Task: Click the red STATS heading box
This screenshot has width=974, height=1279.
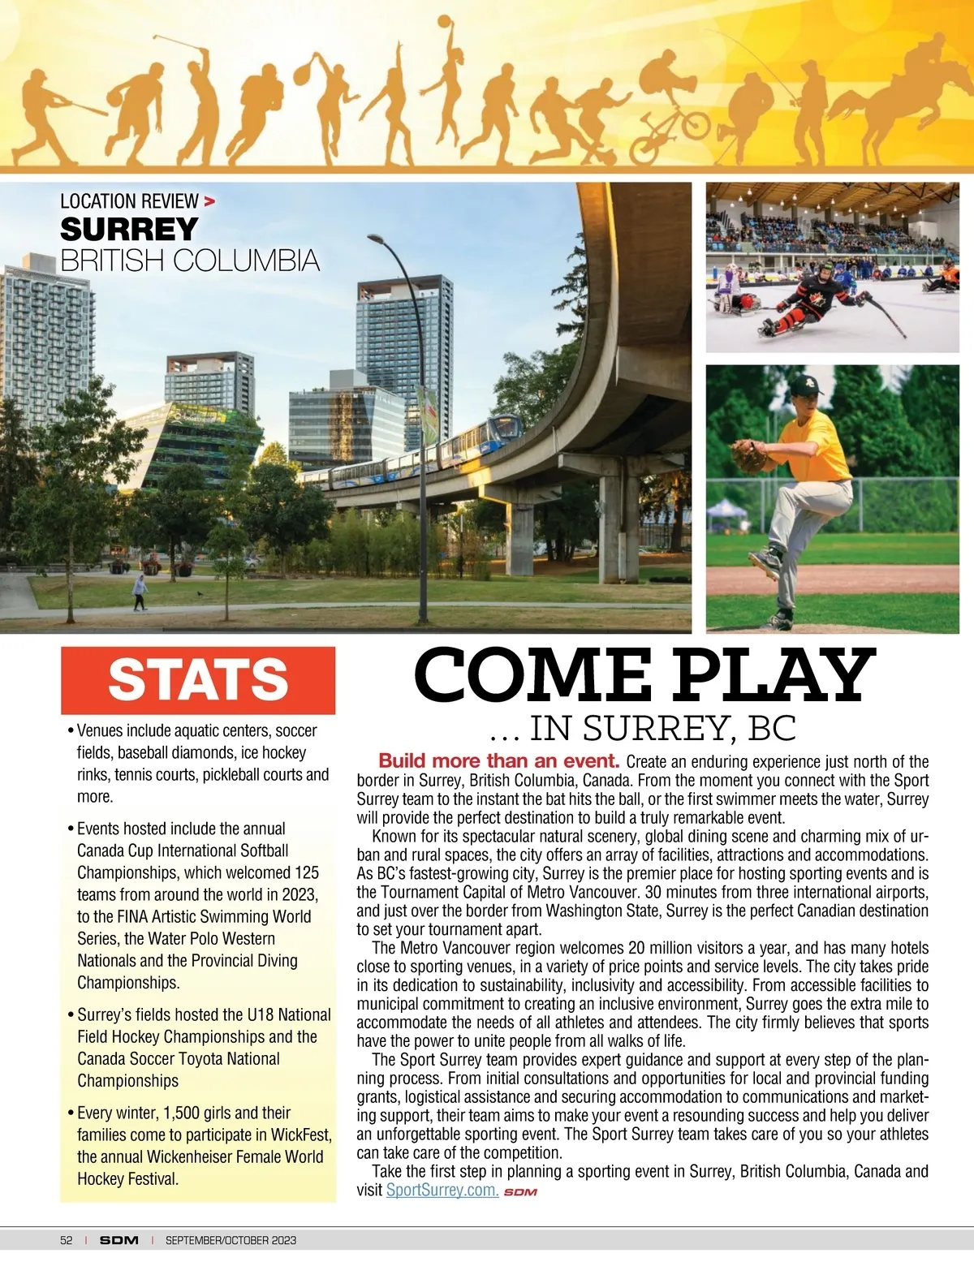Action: pos(198,680)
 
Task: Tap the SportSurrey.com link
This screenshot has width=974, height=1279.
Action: pos(442,1190)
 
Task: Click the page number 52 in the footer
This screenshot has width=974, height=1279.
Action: pos(67,1240)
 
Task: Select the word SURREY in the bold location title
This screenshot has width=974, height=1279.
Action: pos(129,230)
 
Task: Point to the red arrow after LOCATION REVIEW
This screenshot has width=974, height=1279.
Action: pos(210,200)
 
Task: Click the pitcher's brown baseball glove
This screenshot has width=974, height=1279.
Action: pos(748,455)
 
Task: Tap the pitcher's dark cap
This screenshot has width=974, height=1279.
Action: pos(807,384)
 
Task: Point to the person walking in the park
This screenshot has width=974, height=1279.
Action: pos(140,592)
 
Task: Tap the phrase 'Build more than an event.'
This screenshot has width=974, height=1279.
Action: pos(499,761)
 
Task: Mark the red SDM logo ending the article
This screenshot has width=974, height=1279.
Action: pos(520,1191)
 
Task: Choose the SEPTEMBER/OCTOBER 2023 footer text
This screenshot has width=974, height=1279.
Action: pos(231,1240)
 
